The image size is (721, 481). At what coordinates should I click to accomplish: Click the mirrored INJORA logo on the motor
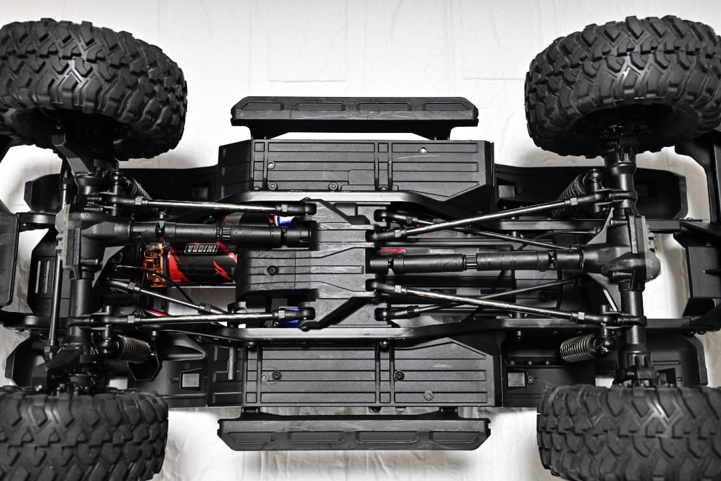201,249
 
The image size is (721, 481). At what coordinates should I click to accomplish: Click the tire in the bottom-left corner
80,434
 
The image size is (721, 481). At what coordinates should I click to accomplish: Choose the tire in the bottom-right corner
628,434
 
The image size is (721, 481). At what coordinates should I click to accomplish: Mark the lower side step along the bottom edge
354,433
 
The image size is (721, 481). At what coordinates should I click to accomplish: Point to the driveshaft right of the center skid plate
467,261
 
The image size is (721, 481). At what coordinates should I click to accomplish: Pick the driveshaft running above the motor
220,233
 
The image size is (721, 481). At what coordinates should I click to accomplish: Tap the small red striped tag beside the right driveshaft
393,251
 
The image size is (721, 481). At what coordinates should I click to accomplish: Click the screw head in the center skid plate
272,270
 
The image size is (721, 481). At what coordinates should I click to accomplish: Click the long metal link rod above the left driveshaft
200,204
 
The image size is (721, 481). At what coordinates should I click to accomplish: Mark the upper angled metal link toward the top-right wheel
481,217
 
